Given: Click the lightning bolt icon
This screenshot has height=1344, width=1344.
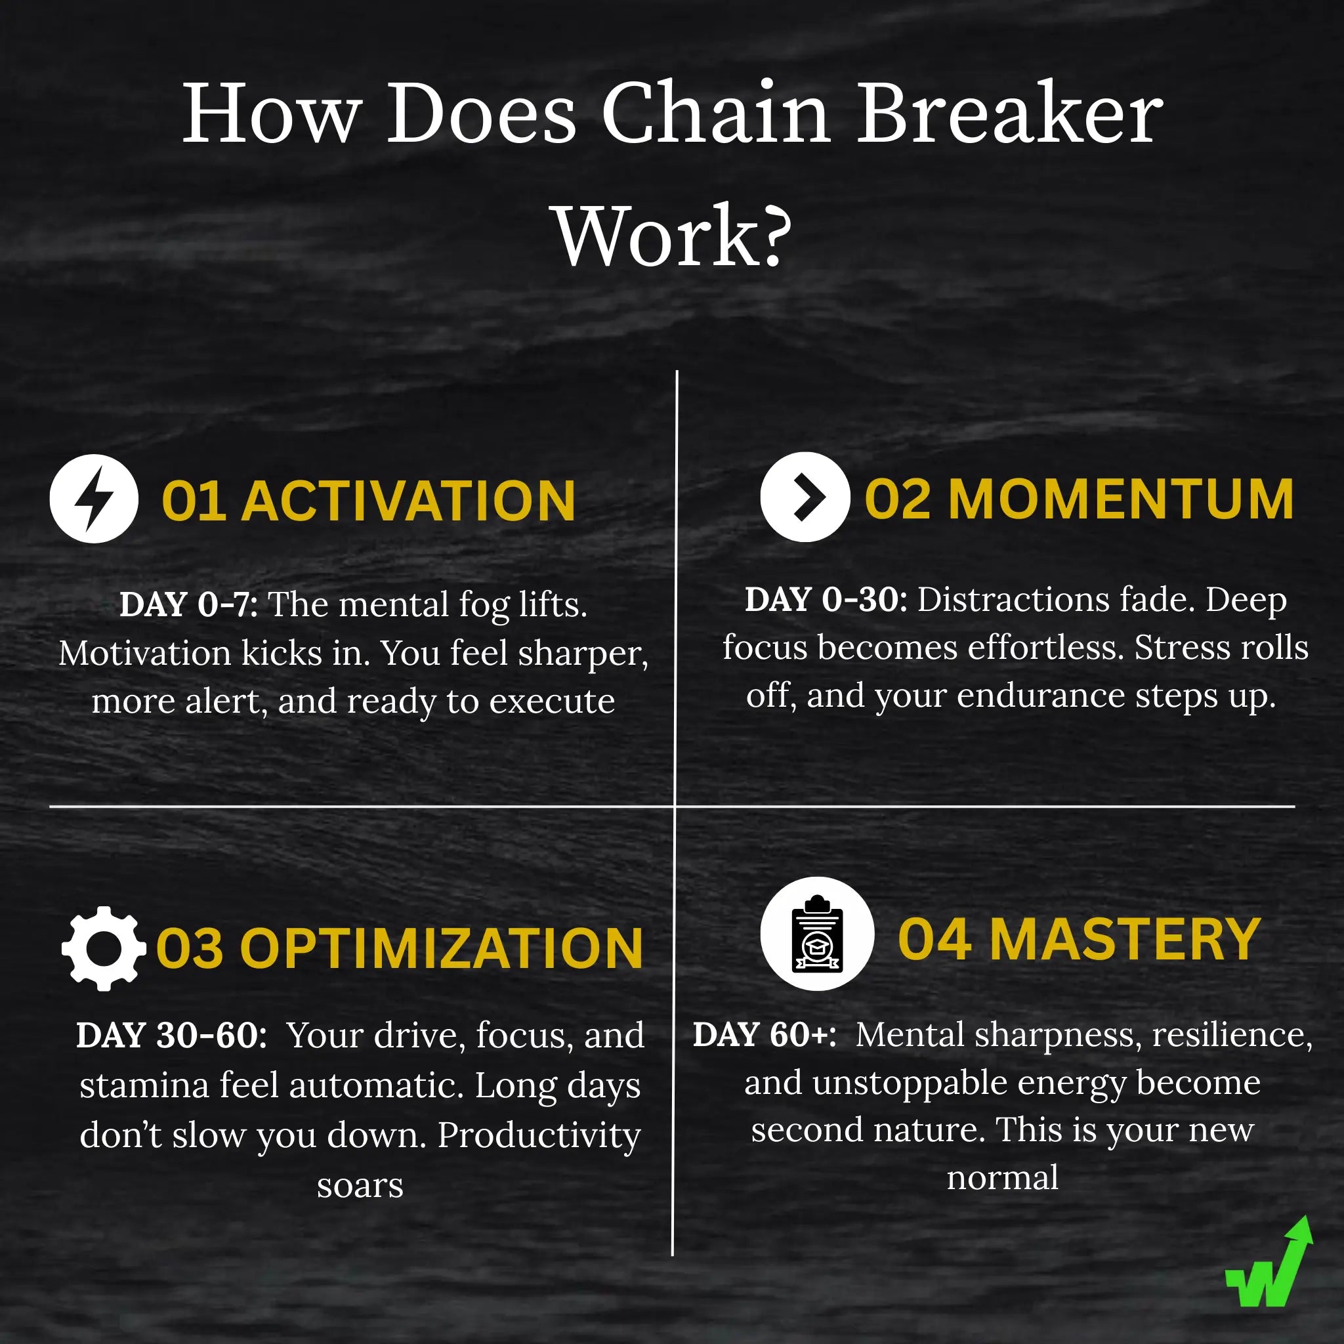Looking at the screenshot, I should [94, 499].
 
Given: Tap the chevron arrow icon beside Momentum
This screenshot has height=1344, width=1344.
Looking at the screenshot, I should [805, 497].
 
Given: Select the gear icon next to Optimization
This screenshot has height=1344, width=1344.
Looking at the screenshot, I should [104, 948].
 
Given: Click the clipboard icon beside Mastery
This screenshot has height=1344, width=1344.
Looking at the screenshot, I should [816, 934].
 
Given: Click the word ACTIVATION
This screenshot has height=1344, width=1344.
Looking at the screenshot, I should [409, 501].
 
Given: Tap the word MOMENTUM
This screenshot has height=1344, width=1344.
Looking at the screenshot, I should [1121, 499].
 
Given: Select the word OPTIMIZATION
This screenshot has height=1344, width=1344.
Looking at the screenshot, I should [441, 949].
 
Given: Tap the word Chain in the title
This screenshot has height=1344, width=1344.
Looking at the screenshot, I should [716, 113].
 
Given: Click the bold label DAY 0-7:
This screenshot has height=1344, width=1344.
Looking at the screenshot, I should [188, 604].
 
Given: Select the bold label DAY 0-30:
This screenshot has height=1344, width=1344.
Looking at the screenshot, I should [826, 600].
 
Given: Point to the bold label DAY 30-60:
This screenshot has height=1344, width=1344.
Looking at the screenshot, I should [171, 1036].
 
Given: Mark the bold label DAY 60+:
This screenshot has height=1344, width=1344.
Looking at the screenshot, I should [764, 1034].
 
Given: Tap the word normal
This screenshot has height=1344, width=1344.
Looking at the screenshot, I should [1003, 1178].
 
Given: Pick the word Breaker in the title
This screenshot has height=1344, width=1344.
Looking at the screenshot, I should [1009, 113].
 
